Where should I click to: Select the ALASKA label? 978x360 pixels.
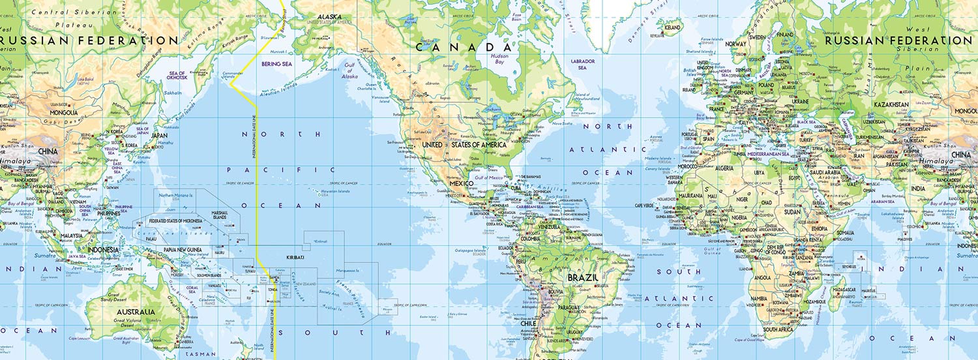pos(330,17)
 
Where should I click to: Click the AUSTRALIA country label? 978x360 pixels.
pos(135,312)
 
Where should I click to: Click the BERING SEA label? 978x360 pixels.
pos(276,64)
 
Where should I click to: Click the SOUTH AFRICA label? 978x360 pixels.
pos(778,329)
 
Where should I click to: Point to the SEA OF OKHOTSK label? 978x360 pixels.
pos(177,76)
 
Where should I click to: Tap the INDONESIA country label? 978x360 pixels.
pos(103,250)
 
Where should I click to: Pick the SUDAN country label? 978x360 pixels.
pos(792,212)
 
